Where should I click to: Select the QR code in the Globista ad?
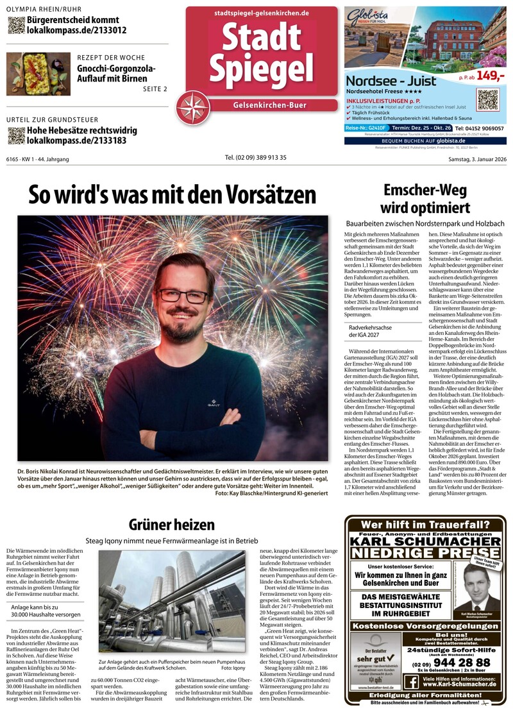click(x=487, y=100)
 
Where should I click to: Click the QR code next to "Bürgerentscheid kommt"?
click(x=16, y=25)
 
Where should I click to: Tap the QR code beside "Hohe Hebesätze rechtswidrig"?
click(x=16, y=135)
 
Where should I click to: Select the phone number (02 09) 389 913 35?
click(x=255, y=158)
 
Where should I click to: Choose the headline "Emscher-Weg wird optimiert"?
click(x=426, y=199)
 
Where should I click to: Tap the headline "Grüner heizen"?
click(x=172, y=525)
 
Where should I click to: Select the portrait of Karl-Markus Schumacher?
click(x=476, y=588)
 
